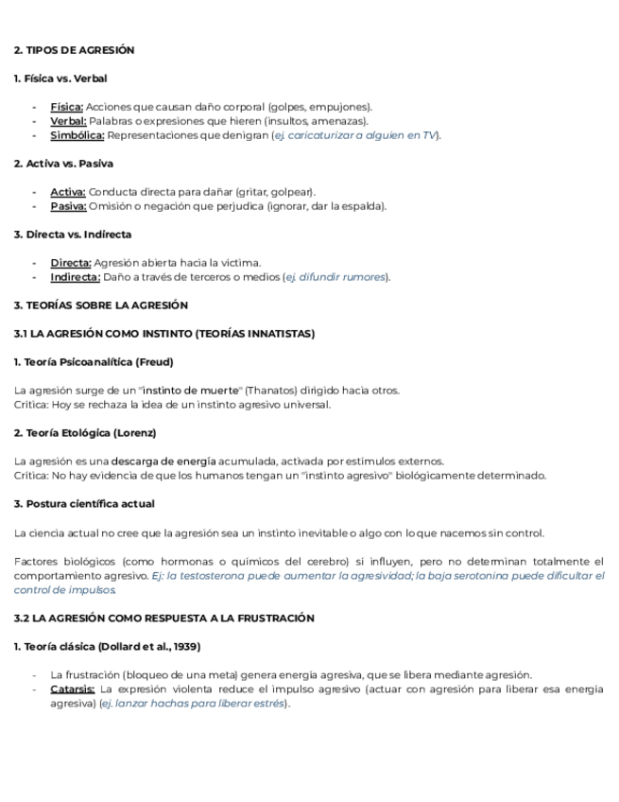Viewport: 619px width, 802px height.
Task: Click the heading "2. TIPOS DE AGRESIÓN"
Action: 74,50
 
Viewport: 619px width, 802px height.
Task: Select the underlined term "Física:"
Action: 66,107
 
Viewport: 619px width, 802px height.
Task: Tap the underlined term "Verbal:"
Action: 68,121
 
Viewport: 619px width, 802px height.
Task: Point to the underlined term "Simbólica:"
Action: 77,135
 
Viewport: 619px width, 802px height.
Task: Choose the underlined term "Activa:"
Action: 67,192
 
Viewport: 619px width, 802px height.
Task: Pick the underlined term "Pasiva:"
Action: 68,206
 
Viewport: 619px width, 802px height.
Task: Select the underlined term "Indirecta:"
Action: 75,277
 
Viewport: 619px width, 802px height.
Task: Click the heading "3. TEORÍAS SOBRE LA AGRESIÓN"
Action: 100,305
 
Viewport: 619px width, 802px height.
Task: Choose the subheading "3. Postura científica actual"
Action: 84,504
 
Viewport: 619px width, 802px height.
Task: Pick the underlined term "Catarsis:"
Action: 72,689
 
